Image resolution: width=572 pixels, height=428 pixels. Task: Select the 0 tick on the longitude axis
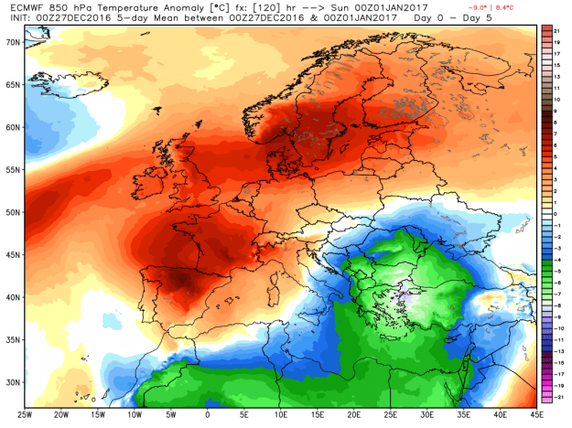click(x=208, y=412)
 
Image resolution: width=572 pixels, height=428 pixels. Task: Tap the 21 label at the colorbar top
click(x=556, y=31)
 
